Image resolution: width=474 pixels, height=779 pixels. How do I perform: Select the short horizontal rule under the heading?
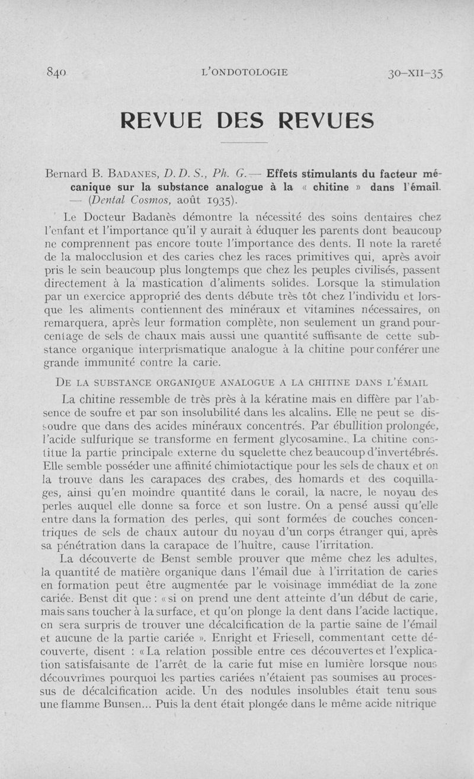pos(244,143)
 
